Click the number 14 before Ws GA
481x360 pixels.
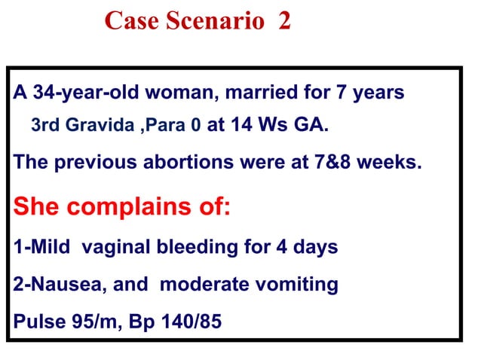[x=241, y=124]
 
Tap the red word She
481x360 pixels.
[x=37, y=205]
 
